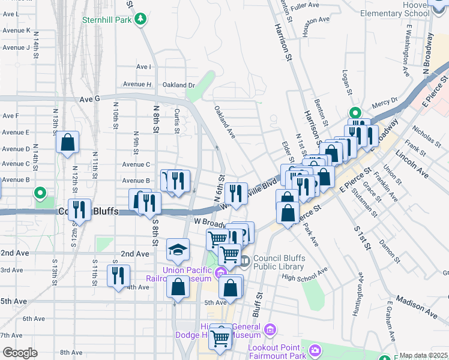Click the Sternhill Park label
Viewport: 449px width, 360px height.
click(x=106, y=20)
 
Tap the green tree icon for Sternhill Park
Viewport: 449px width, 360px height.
click(x=140, y=20)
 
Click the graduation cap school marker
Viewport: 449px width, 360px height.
click(x=178, y=250)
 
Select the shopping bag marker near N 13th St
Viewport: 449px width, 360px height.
click(x=68, y=143)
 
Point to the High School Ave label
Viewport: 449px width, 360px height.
click(x=305, y=274)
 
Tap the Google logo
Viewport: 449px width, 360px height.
click(x=20, y=352)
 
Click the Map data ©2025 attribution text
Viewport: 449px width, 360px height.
click(x=423, y=355)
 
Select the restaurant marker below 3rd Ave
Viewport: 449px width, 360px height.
click(x=118, y=275)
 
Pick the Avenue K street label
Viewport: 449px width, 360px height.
click(x=16, y=30)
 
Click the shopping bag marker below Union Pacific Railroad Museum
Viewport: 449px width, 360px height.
click(x=178, y=287)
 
